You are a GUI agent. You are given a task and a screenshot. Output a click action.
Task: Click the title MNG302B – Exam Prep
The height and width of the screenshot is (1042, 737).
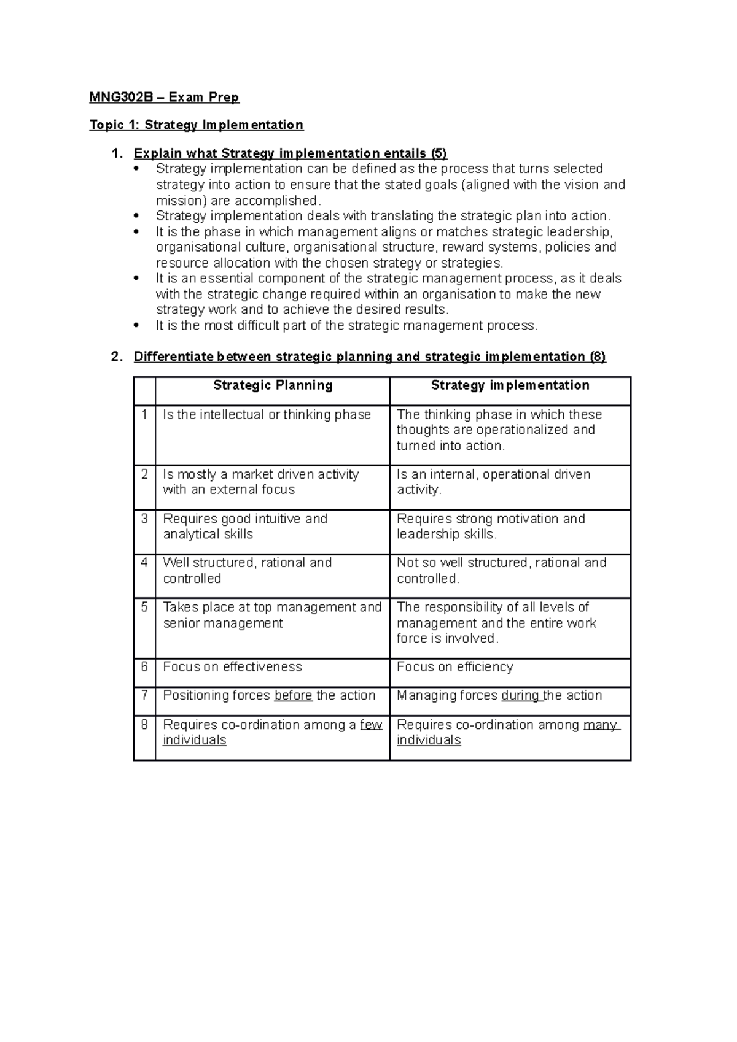(164, 97)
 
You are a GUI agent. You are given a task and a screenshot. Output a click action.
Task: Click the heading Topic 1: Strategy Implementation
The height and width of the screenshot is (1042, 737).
(196, 125)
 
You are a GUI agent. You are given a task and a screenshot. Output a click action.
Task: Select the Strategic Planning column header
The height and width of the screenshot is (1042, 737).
(273, 385)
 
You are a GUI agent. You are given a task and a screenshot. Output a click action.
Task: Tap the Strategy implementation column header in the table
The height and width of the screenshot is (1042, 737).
(510, 385)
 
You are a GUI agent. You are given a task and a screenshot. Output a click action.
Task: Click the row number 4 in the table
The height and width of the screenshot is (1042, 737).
(144, 563)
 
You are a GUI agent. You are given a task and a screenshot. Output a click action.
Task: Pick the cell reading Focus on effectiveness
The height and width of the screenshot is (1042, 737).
(233, 667)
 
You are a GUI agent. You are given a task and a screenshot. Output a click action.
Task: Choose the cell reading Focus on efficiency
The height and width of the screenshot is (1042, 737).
(455, 667)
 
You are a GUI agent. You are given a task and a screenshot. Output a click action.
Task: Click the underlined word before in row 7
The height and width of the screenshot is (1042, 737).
(293, 695)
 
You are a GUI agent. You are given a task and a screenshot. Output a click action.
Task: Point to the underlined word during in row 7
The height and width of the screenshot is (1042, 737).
(521, 695)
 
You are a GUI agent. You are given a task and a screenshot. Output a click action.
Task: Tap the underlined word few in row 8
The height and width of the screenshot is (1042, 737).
(371, 725)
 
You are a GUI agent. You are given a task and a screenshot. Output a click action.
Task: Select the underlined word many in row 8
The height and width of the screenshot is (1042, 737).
(600, 725)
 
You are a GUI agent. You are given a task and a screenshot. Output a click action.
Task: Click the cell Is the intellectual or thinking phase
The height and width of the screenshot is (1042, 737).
(267, 415)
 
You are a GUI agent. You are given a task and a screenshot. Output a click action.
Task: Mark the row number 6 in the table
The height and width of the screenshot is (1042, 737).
(144, 667)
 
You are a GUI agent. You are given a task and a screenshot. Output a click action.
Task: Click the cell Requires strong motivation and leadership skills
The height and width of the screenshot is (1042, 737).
(491, 527)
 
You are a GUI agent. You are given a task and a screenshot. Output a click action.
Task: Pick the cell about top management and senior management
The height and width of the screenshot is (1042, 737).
(272, 615)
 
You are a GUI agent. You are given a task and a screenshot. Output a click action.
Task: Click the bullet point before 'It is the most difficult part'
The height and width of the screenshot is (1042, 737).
(137, 326)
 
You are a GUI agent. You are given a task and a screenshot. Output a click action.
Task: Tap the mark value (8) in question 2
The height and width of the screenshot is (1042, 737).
(597, 357)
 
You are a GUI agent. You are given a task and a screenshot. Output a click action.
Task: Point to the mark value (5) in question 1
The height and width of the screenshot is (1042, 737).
(439, 153)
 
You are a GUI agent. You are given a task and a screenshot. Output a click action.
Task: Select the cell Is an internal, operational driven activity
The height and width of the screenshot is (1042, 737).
(493, 482)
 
